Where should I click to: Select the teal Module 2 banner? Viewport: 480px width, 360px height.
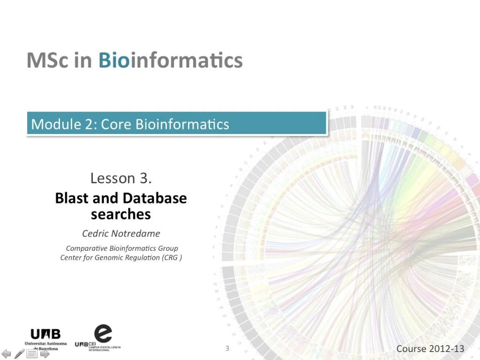pos(176,123)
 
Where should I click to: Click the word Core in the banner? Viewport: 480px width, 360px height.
pos(116,124)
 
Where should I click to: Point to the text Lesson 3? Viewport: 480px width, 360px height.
pos(121,178)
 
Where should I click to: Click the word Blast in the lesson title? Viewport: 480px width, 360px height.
pos(72,198)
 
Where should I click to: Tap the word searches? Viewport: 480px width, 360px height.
pos(121,214)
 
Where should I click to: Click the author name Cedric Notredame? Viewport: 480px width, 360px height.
pos(121,233)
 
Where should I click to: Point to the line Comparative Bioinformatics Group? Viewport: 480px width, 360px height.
pos(122,248)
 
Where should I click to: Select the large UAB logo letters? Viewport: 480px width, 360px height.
pos(45,334)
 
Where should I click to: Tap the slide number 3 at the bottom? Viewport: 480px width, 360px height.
pos(227,348)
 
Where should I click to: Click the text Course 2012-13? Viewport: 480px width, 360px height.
pos(430,348)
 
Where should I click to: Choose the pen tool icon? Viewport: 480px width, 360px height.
pos(19,354)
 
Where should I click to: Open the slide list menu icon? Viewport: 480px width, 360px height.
pos(32,354)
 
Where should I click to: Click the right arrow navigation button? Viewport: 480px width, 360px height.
pos(45,354)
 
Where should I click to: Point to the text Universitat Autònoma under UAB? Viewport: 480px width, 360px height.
pos(45,344)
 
